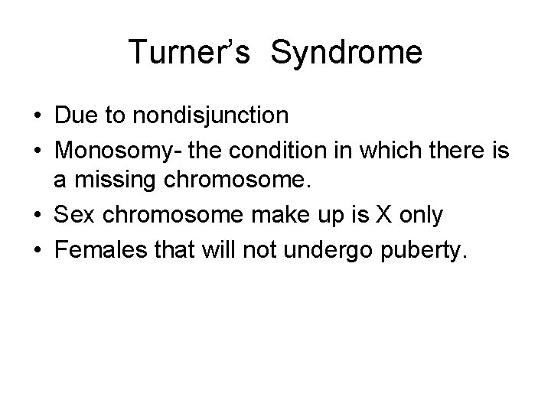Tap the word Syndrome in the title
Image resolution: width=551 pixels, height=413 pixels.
click(x=347, y=53)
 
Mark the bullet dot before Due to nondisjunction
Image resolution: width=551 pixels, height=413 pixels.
click(x=37, y=116)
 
